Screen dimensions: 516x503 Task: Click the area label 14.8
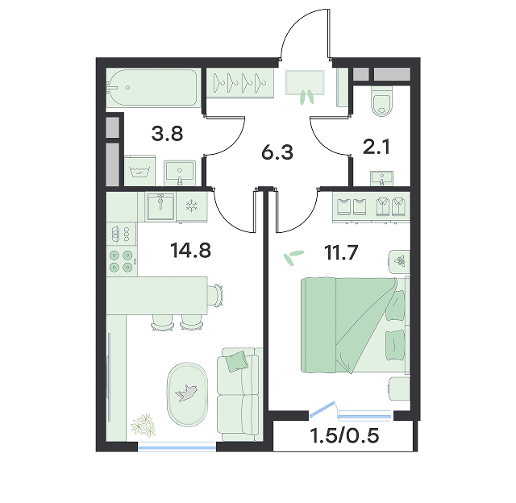click(190, 250)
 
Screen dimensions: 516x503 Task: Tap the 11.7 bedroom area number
click(341, 252)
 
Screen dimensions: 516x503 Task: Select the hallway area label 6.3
click(277, 152)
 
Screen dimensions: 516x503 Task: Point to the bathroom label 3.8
click(167, 134)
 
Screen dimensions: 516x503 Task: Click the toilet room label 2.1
click(377, 147)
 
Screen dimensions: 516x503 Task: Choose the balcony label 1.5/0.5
click(344, 435)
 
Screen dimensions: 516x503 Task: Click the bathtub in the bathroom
click(153, 88)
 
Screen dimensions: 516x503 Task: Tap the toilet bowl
click(381, 101)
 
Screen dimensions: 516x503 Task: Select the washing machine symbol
click(139, 171)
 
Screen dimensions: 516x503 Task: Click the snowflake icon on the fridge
click(191, 206)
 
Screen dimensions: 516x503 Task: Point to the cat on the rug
click(186, 393)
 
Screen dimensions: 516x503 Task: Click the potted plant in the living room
click(144, 426)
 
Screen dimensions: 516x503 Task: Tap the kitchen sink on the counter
click(160, 206)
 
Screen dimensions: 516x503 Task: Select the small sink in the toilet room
click(381, 178)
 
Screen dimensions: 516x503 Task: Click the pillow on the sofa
click(236, 361)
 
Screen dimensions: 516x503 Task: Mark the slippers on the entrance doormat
click(306, 97)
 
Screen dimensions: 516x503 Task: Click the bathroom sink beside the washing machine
click(180, 173)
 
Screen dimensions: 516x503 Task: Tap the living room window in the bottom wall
click(177, 446)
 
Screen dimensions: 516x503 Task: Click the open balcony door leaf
click(322, 409)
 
